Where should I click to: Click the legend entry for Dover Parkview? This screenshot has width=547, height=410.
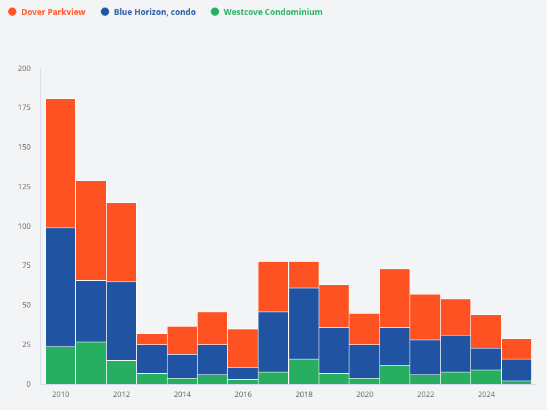click(53, 12)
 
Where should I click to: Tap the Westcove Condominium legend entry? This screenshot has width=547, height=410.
click(273, 12)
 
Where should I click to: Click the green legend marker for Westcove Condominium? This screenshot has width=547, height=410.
click(215, 12)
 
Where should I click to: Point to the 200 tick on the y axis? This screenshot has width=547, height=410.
click(24, 68)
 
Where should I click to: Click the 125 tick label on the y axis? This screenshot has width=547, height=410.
click(24, 187)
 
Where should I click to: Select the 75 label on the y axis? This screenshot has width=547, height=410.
click(26, 266)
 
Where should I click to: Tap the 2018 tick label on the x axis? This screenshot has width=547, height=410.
click(304, 394)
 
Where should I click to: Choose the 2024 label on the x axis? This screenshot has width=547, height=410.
click(486, 394)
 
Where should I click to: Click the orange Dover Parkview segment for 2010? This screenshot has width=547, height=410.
click(61, 163)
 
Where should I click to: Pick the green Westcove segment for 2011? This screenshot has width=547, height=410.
click(91, 363)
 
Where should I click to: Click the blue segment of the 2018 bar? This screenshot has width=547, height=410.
click(304, 323)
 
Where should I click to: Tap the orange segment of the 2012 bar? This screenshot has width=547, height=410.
click(121, 243)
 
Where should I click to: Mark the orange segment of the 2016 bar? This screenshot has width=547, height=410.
click(243, 348)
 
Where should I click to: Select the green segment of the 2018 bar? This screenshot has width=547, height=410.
click(304, 371)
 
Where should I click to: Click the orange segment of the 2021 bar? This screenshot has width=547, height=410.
click(395, 298)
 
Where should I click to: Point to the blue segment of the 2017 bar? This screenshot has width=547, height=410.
click(273, 342)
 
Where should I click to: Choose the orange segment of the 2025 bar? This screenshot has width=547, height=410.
click(516, 348)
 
